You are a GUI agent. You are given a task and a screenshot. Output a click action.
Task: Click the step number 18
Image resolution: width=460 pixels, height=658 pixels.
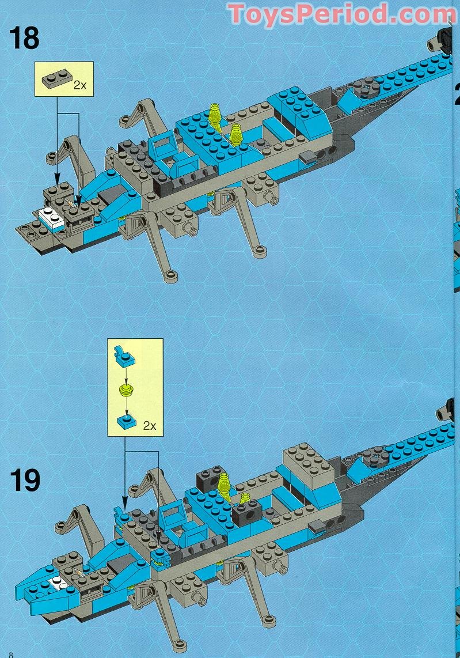tap(24, 37)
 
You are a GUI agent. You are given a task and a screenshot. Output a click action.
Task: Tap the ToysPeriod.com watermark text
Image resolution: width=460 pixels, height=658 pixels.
tap(342, 14)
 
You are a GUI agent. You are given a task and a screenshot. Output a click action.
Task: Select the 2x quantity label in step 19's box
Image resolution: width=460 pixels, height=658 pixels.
tap(149, 426)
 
